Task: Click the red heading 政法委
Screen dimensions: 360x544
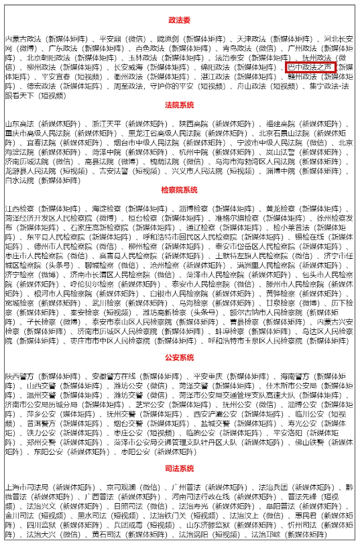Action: click(179, 21)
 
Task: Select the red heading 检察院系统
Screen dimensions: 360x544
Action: click(179, 191)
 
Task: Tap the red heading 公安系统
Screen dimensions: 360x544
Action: click(179, 358)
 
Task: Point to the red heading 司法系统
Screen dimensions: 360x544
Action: click(179, 468)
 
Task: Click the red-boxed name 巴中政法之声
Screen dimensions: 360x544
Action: click(310, 68)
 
